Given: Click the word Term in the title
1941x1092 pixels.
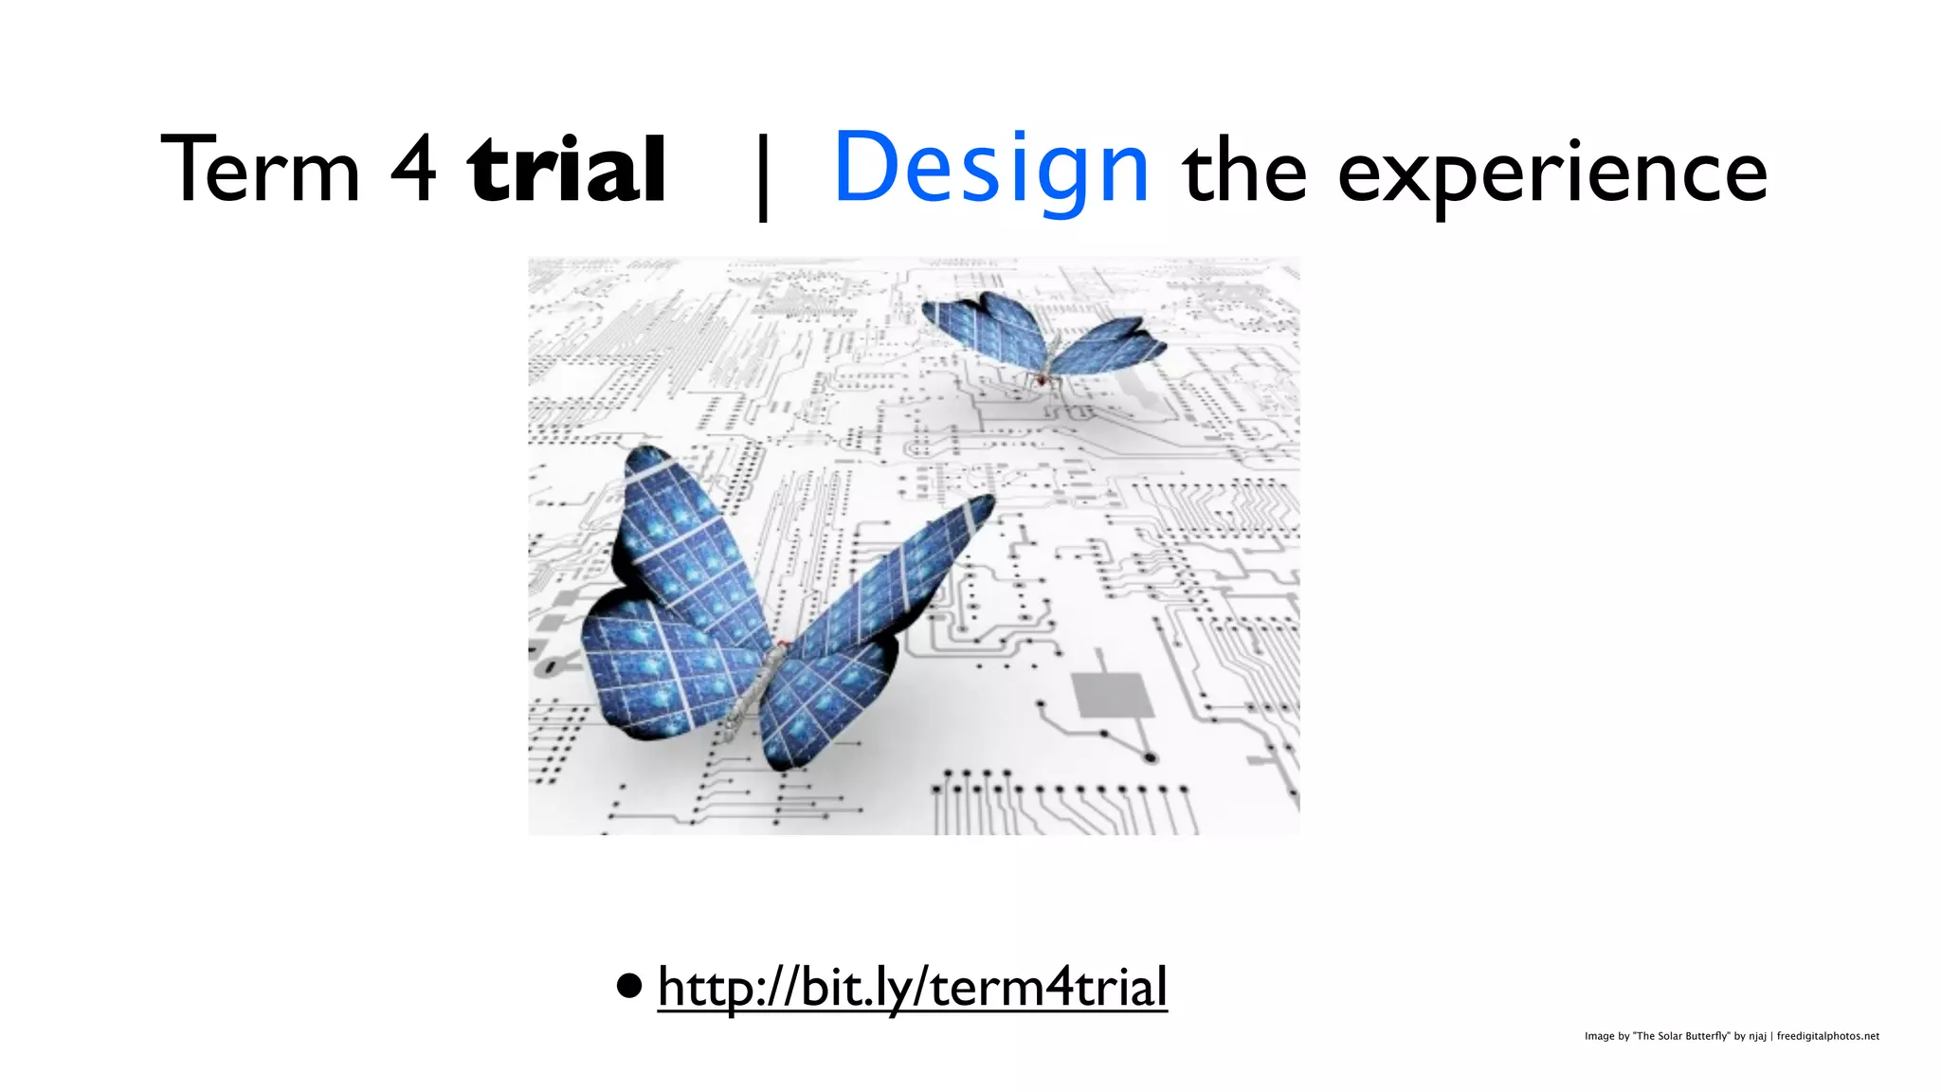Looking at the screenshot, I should coord(261,171).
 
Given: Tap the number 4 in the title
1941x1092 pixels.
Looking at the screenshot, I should coord(413,171).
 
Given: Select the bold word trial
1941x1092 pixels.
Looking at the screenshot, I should coord(567,171).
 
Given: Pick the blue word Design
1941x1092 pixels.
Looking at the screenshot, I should coord(991,171).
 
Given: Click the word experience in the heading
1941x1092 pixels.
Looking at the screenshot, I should coord(1551,175).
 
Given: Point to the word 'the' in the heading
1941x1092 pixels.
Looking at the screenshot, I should coord(1244,171).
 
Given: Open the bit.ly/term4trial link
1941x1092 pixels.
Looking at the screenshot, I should coord(912,987).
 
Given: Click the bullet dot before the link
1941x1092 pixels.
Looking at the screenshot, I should coord(627,987).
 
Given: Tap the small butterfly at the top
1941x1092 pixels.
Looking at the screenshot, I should coord(1043,341).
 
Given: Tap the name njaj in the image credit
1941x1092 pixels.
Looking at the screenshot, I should coord(1757,1036).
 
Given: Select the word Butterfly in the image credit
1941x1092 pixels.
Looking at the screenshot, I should coord(1707,1036).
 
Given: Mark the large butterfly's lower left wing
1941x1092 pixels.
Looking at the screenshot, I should coord(654,673).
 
